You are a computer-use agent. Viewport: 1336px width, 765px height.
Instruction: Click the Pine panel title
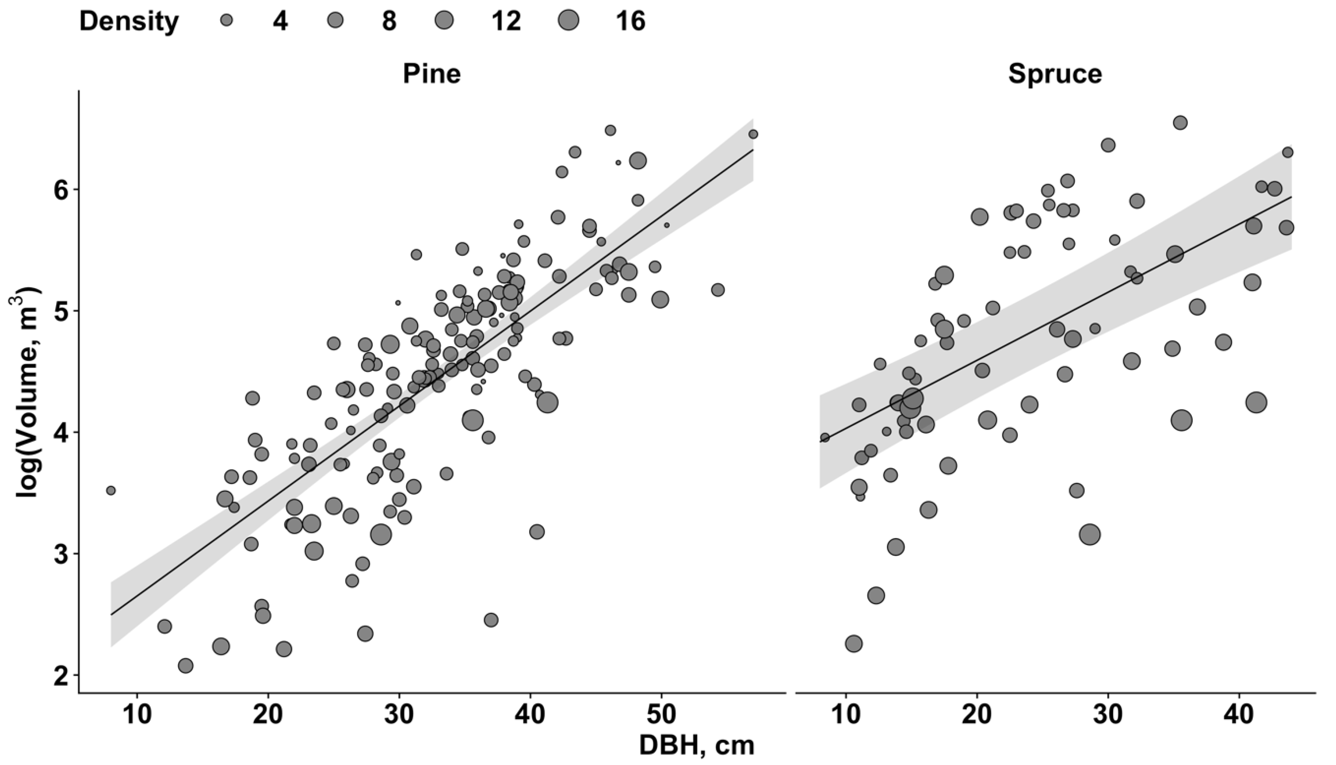click(431, 74)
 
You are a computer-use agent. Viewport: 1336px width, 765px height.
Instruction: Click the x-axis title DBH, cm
click(696, 746)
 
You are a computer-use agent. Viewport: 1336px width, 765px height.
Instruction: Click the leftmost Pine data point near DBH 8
click(110, 490)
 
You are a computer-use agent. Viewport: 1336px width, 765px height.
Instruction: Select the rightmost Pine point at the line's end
click(753, 134)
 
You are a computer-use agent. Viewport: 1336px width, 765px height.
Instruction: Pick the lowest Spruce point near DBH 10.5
click(854, 643)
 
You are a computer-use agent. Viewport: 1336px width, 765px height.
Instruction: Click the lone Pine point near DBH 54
click(718, 290)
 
